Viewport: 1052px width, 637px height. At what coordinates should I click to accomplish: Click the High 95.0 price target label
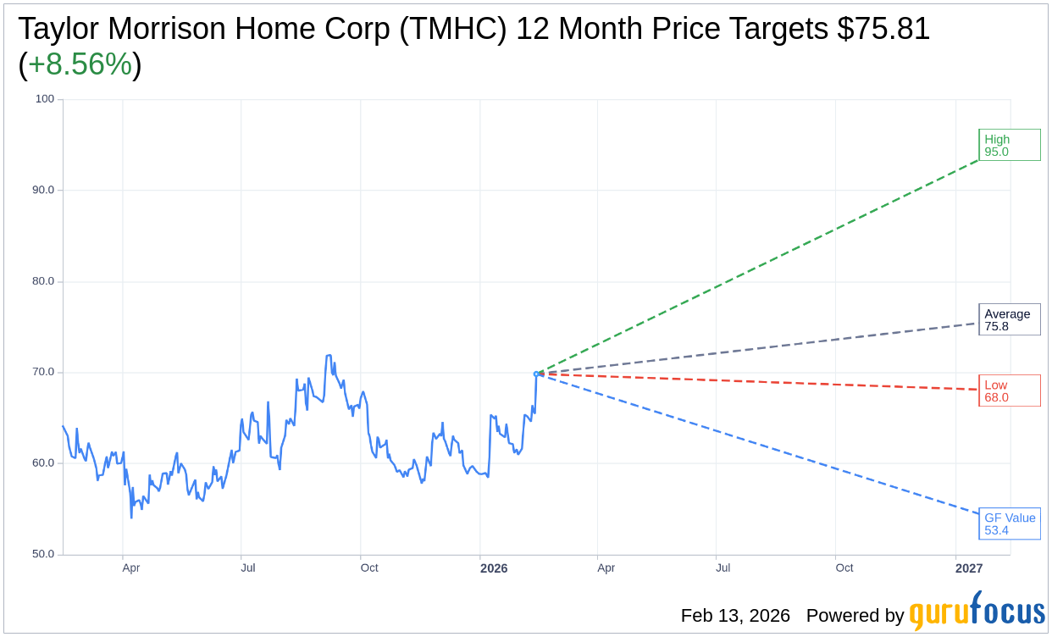click(x=1009, y=145)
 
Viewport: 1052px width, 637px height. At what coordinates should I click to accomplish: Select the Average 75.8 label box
click(x=1009, y=319)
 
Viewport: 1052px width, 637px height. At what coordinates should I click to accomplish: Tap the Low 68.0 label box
click(x=1009, y=391)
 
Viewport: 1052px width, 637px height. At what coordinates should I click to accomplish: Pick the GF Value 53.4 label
click(x=1009, y=523)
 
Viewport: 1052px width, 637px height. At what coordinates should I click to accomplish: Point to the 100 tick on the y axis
click(x=45, y=99)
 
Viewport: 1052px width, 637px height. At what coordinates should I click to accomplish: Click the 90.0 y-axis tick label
click(x=44, y=190)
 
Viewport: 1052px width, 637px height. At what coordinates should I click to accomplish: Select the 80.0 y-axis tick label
click(x=44, y=281)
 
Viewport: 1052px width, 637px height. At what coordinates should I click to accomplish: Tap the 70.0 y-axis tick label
click(x=44, y=372)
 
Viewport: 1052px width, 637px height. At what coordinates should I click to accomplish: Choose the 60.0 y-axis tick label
click(x=44, y=463)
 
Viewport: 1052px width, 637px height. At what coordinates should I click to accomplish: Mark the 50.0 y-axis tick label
click(x=44, y=554)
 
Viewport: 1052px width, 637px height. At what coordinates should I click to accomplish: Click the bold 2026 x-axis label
click(x=494, y=568)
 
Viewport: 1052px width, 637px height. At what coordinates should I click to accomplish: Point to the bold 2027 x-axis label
click(x=969, y=568)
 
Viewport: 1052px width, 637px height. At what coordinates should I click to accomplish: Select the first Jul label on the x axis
click(x=248, y=568)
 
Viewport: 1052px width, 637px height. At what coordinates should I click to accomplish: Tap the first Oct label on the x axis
click(x=369, y=568)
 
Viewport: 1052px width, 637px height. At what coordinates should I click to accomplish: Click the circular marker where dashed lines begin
click(x=537, y=374)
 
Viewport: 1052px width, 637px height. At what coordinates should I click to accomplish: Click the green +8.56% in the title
click(x=80, y=64)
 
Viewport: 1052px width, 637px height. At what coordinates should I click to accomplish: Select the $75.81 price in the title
click(x=883, y=29)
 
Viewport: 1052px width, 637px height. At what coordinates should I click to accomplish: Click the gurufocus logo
click(x=977, y=612)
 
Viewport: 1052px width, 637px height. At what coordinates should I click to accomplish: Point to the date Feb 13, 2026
click(x=735, y=616)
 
